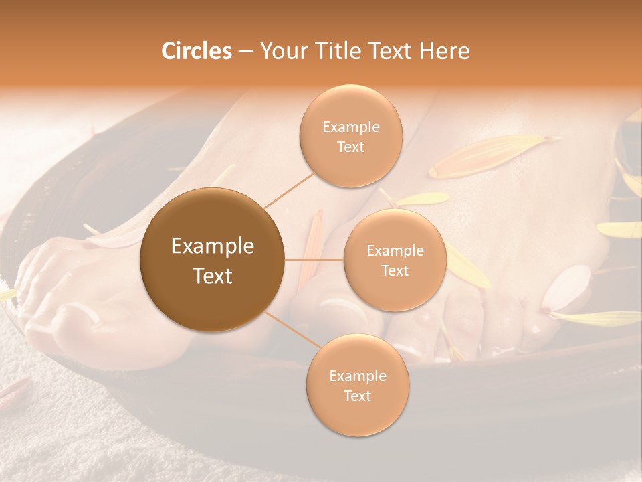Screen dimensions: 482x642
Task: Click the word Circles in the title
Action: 196,51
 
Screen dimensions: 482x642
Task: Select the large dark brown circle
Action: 212,260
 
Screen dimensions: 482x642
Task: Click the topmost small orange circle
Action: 350,136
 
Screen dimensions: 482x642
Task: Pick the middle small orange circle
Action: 395,260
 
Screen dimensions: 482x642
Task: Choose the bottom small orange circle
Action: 357,385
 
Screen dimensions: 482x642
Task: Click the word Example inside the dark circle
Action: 212,246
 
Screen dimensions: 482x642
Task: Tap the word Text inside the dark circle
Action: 212,276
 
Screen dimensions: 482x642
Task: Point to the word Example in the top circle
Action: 350,127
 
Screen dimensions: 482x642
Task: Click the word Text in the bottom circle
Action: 357,396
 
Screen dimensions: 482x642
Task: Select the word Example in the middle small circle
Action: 395,250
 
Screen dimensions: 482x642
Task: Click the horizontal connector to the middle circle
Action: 314,260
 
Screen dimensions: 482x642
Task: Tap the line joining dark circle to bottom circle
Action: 290,330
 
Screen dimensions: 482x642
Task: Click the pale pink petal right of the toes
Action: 564,287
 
